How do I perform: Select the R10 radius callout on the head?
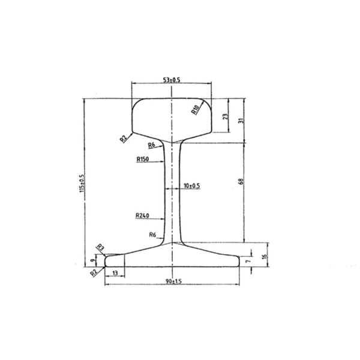195,109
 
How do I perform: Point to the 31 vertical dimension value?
241,120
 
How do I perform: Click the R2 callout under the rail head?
123,139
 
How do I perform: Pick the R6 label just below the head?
152,145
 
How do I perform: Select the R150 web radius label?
143,160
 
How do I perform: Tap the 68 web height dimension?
241,182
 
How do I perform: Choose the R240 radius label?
143,216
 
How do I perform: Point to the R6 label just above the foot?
152,235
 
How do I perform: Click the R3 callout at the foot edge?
100,247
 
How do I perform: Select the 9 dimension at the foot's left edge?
92,260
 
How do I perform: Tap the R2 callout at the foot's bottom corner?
94,272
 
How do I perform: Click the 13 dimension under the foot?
115,273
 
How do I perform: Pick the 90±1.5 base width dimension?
173,280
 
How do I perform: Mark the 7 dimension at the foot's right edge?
247,262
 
